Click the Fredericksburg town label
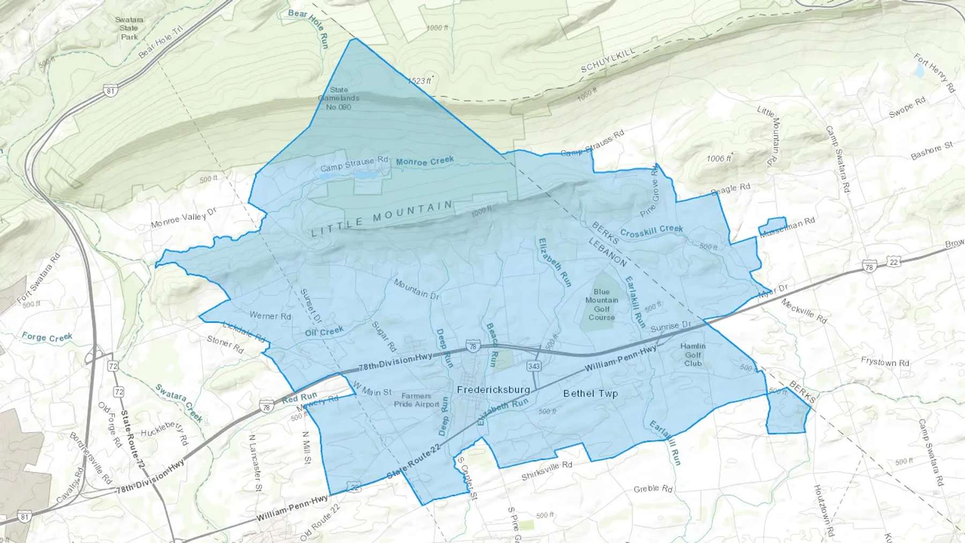493,390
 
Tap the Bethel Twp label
590,393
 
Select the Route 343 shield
533,366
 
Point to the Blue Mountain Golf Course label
602,304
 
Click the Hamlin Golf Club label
693,354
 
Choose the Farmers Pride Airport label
417,400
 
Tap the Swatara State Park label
129,28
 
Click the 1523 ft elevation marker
420,81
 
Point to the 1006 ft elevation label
719,159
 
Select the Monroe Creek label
425,161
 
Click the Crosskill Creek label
651,231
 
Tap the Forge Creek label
47,337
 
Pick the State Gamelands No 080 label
339,99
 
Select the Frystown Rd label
885,362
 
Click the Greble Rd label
652,488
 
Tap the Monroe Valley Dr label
183,217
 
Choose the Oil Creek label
324,332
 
